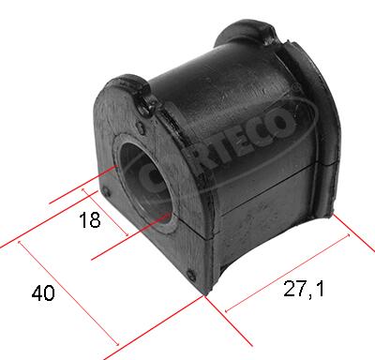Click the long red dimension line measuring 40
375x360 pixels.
pyautogui.click(x=66, y=292)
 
